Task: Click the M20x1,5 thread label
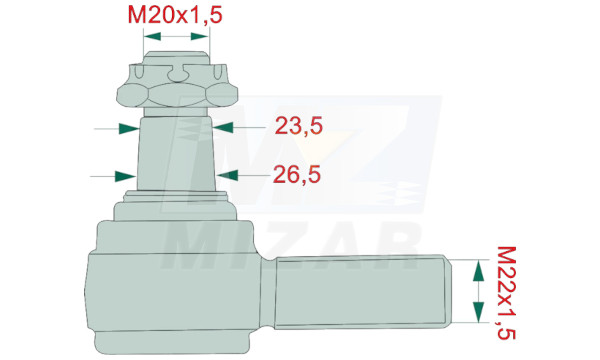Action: coord(175,16)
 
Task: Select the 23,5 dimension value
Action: coord(298,126)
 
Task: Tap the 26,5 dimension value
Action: coord(297,175)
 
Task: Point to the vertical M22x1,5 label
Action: coord(506,293)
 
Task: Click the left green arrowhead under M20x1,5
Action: coord(152,36)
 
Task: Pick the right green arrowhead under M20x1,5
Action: coord(200,36)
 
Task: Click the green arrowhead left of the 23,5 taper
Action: coord(129,129)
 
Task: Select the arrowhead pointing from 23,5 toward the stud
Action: coord(223,127)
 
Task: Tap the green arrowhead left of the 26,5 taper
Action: coord(126,176)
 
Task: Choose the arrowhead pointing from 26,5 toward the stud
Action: coord(228,175)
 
